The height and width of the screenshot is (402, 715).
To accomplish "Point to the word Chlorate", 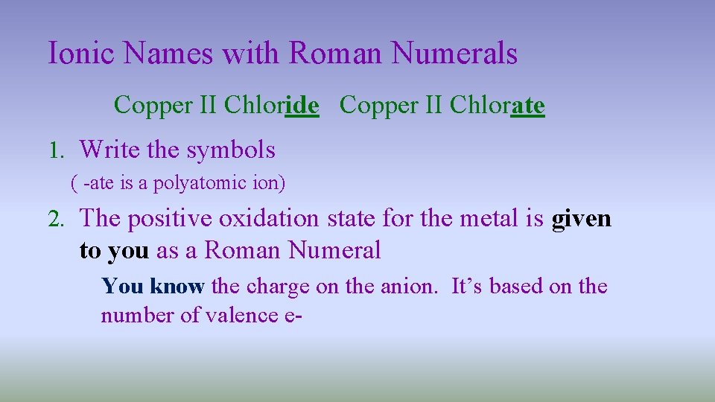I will [x=497, y=106].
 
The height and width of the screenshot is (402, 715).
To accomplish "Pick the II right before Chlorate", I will [x=434, y=106].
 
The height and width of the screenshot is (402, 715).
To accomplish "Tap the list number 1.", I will [x=57, y=150].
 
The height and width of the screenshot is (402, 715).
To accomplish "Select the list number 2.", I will [x=57, y=219].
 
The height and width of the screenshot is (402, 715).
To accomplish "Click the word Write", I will [x=109, y=150].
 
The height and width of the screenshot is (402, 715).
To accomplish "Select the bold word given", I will [x=581, y=219].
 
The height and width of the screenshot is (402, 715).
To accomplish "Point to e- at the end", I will [x=293, y=315].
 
